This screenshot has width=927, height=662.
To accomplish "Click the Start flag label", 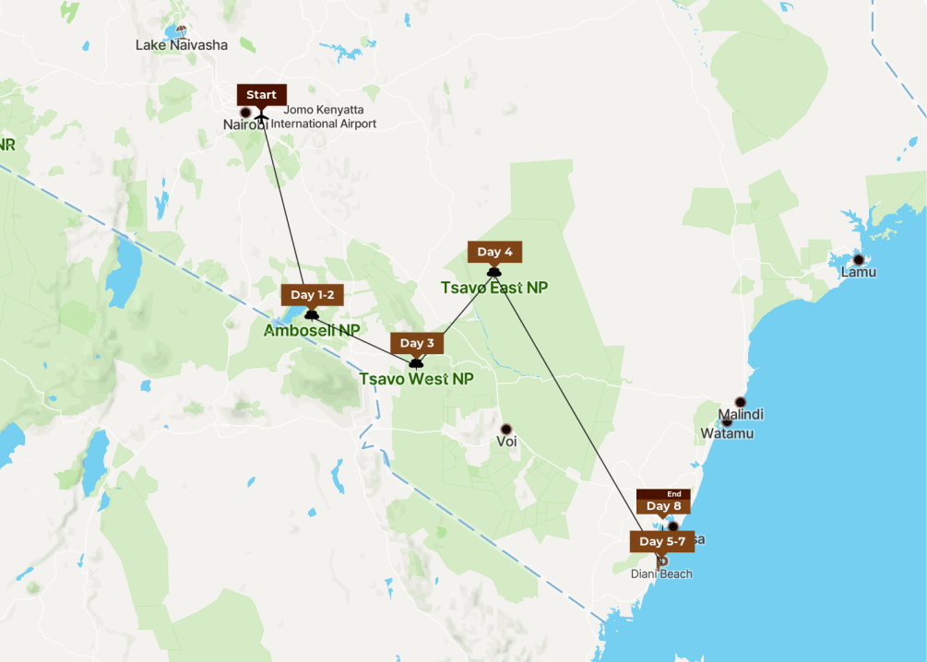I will click(262, 95).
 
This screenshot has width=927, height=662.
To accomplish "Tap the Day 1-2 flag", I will click(312, 295).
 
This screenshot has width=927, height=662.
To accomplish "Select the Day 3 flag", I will click(417, 343).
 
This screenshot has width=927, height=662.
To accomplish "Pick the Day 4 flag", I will click(495, 252).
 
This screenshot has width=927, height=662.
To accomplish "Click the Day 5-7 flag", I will click(661, 541).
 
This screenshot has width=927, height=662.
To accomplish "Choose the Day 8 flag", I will click(663, 505).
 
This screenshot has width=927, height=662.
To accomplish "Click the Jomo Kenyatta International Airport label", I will click(323, 117).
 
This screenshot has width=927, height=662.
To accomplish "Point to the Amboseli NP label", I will click(312, 330).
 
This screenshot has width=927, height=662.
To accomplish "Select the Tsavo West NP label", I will click(416, 379).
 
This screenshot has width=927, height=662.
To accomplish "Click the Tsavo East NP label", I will click(494, 288).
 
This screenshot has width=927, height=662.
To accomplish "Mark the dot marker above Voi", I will click(505, 430).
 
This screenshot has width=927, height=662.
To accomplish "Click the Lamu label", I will click(858, 273).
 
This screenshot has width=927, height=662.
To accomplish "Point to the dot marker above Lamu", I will click(859, 259).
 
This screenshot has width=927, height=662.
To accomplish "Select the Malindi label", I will click(740, 415).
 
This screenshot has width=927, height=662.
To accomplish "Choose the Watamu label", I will click(727, 432).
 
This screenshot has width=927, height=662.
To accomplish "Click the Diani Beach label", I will click(661, 574).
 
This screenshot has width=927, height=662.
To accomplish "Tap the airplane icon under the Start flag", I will click(262, 116).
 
